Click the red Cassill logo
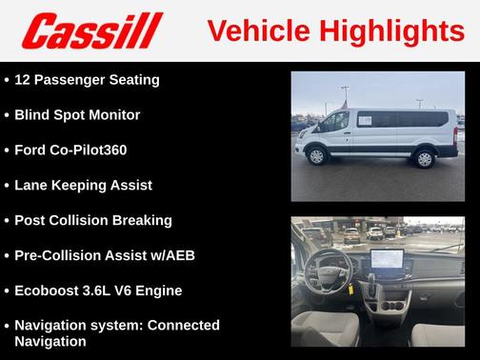click(x=92, y=30)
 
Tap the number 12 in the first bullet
click(x=24, y=79)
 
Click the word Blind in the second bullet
click(x=34, y=114)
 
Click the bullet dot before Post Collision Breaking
click(x=7, y=220)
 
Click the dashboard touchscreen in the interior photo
click(x=392, y=258)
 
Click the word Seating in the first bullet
click(x=133, y=79)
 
